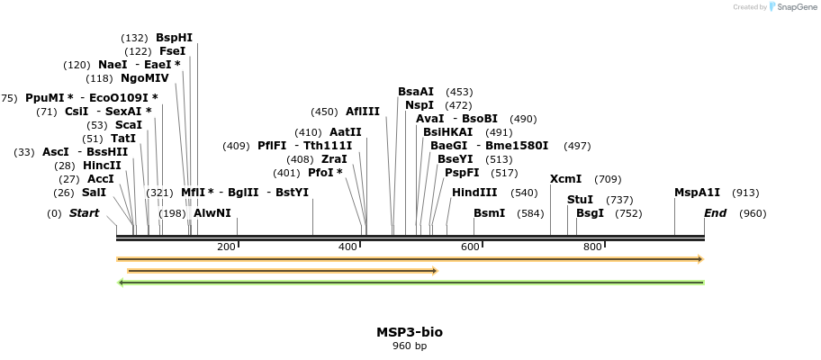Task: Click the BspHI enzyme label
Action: [x=174, y=38]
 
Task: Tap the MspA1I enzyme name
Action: [x=697, y=193]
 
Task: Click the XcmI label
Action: [x=565, y=179]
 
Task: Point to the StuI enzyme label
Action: [x=580, y=200]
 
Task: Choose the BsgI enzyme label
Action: [x=590, y=213]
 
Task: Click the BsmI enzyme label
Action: [x=489, y=213]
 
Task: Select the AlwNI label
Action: [x=212, y=213]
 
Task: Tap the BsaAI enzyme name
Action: [x=416, y=92]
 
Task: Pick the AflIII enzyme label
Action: [x=363, y=112]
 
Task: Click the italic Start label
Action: [x=84, y=213]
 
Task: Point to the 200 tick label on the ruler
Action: [x=226, y=247]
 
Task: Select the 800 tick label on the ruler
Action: [x=592, y=247]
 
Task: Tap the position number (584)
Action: [x=531, y=213]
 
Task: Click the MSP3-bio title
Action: [x=410, y=332]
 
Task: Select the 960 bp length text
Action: [x=410, y=346]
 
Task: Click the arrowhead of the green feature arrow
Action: [x=122, y=283]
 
